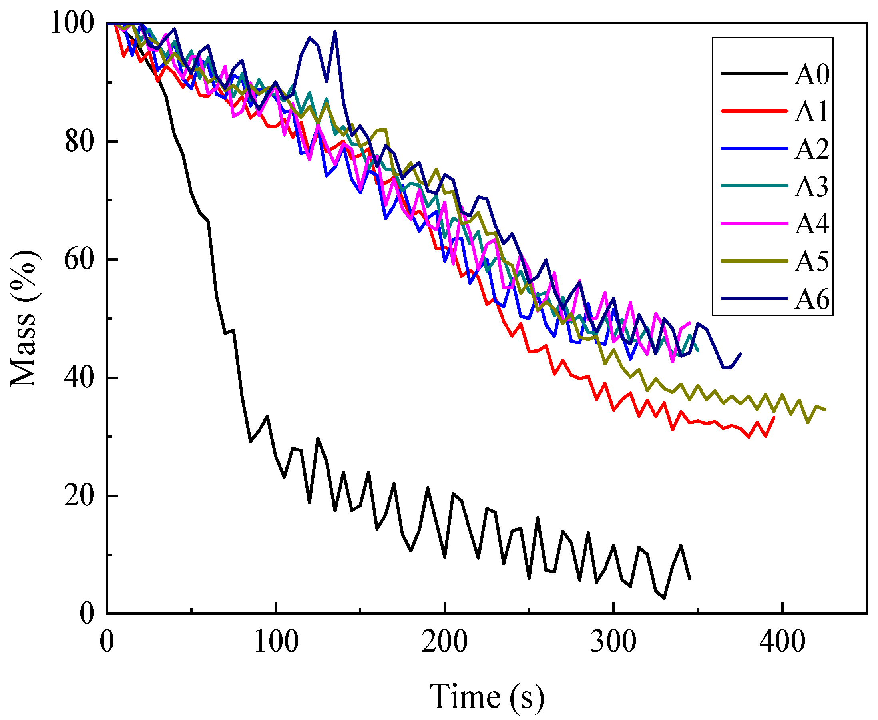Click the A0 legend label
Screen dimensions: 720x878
(812, 75)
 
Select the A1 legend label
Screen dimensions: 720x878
(812, 112)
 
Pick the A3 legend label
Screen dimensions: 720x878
(812, 187)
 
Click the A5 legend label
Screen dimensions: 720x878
(812, 262)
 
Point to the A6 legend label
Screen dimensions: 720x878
(812, 299)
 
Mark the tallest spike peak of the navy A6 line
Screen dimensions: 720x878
(335, 31)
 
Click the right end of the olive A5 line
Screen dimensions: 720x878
(825, 410)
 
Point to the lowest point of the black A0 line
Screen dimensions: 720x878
(664, 598)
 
